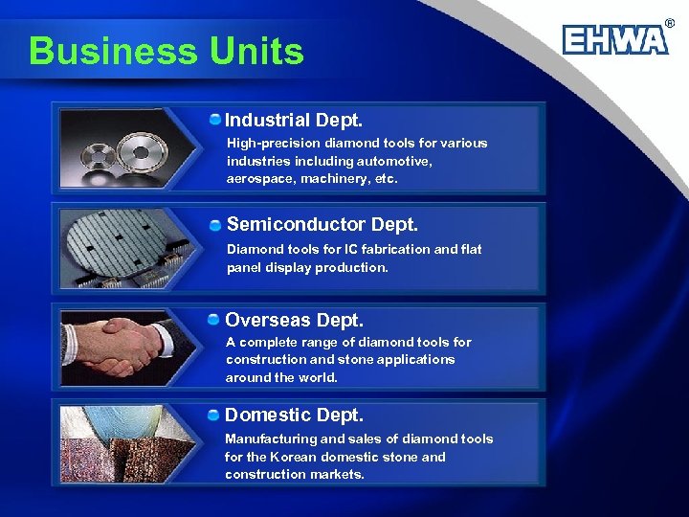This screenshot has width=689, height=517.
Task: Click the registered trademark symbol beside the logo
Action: coord(669,21)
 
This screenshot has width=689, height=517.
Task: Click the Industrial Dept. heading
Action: coord(294,121)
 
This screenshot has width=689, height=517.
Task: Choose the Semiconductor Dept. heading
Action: coord(322,224)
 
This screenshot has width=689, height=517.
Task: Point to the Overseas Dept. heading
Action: coord(294,320)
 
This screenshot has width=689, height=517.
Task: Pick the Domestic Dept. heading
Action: coord(294,416)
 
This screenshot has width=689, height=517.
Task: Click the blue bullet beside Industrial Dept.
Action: coord(216,120)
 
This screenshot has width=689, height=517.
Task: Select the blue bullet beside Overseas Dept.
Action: coord(216,319)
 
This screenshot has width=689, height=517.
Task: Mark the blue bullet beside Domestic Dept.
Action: coord(216,415)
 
